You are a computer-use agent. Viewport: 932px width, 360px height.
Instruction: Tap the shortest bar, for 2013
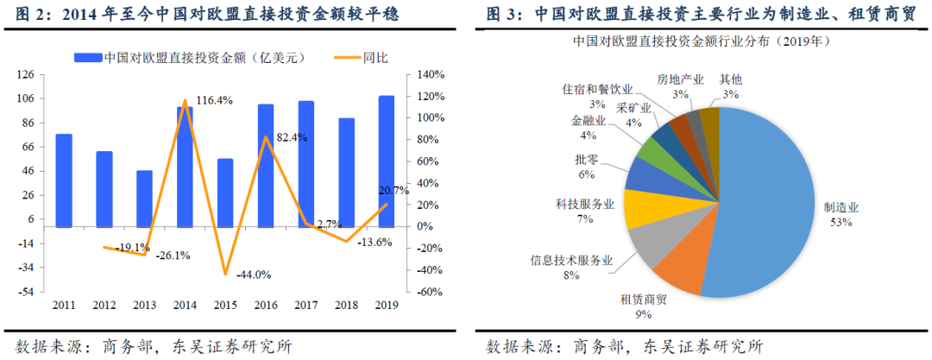(x=144, y=199)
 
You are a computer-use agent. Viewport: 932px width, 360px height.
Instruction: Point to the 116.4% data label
(x=215, y=101)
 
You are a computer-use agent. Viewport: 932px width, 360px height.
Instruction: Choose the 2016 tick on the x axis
(x=265, y=305)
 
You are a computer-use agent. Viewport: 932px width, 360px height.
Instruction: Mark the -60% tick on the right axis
(x=420, y=292)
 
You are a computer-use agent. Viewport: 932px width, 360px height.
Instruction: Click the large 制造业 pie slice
(x=768, y=199)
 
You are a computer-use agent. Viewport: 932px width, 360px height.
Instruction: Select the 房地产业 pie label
(x=679, y=79)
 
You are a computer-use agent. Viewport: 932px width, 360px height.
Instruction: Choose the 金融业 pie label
(x=589, y=122)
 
